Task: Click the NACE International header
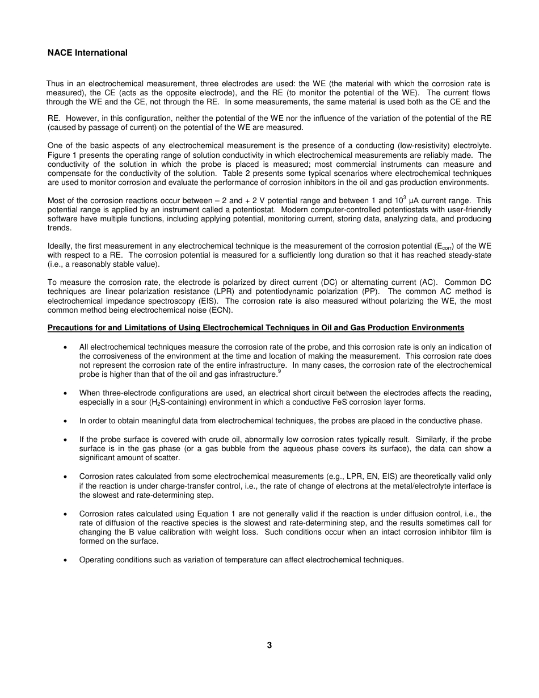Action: (x=87, y=53)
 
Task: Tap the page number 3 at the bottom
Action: (x=269, y=645)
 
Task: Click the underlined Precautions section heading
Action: (x=255, y=328)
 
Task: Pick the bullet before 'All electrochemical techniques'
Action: (x=67, y=347)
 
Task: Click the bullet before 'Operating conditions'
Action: (x=67, y=560)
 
